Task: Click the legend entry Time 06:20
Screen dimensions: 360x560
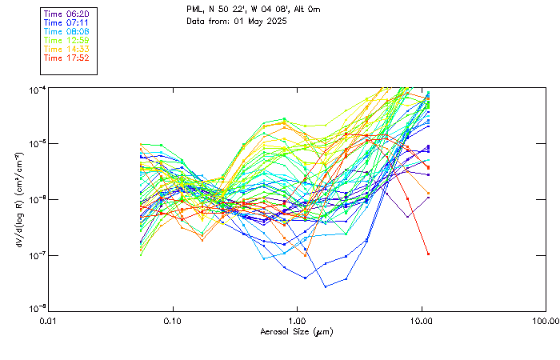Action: (x=67, y=14)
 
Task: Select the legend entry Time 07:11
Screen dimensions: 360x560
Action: (x=67, y=22)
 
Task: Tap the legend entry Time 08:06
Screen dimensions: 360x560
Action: (x=67, y=31)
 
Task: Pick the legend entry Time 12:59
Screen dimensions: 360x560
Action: (x=67, y=40)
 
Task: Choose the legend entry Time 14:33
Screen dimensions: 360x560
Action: (x=67, y=49)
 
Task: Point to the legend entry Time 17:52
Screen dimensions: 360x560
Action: (x=67, y=58)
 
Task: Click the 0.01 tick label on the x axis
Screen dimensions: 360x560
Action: (x=49, y=320)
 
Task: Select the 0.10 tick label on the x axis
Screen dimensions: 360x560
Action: (x=173, y=320)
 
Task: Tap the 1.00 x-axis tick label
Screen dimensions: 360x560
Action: (x=297, y=320)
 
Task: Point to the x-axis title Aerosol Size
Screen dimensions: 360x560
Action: (x=296, y=331)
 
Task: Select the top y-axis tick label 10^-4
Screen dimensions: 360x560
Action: (x=37, y=88)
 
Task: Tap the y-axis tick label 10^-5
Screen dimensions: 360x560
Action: (x=37, y=143)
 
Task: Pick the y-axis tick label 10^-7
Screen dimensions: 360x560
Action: (x=37, y=254)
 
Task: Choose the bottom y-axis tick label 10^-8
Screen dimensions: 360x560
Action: (x=37, y=310)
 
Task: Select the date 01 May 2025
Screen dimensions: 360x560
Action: (x=259, y=21)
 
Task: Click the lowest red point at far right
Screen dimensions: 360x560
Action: (x=429, y=254)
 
